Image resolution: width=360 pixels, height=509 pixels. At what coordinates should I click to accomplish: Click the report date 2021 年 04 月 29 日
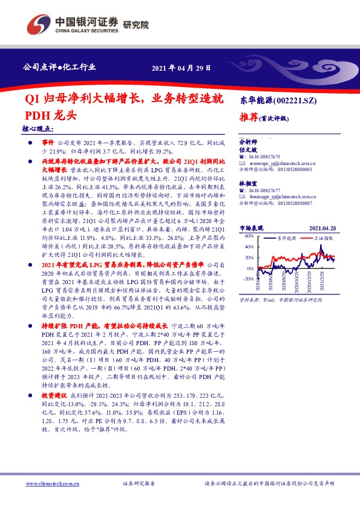pos(181,68)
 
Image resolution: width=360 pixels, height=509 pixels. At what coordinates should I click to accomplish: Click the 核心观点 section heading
pos(38,129)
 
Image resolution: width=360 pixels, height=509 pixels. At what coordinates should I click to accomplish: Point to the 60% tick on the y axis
pos(248,237)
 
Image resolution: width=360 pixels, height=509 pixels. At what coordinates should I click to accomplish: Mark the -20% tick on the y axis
pos(247,279)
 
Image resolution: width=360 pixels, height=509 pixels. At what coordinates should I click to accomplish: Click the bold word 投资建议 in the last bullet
pos(54,394)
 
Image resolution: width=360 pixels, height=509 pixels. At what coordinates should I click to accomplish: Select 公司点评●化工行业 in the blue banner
pos(59,67)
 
